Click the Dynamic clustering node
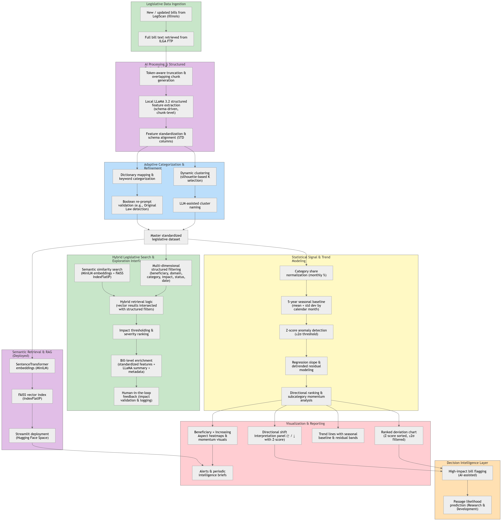click(x=195, y=177)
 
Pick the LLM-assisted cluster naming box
click(x=195, y=205)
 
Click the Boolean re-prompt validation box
click(x=137, y=205)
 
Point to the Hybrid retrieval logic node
click(x=136, y=305)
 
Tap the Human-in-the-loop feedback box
click(x=136, y=396)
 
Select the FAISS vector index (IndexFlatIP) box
click(x=32, y=396)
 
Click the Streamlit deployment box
click(x=32, y=436)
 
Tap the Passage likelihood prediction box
click(x=467, y=505)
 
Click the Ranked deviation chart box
click(x=399, y=436)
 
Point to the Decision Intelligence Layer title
click(x=467, y=463)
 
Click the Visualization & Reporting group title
click(x=305, y=423)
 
